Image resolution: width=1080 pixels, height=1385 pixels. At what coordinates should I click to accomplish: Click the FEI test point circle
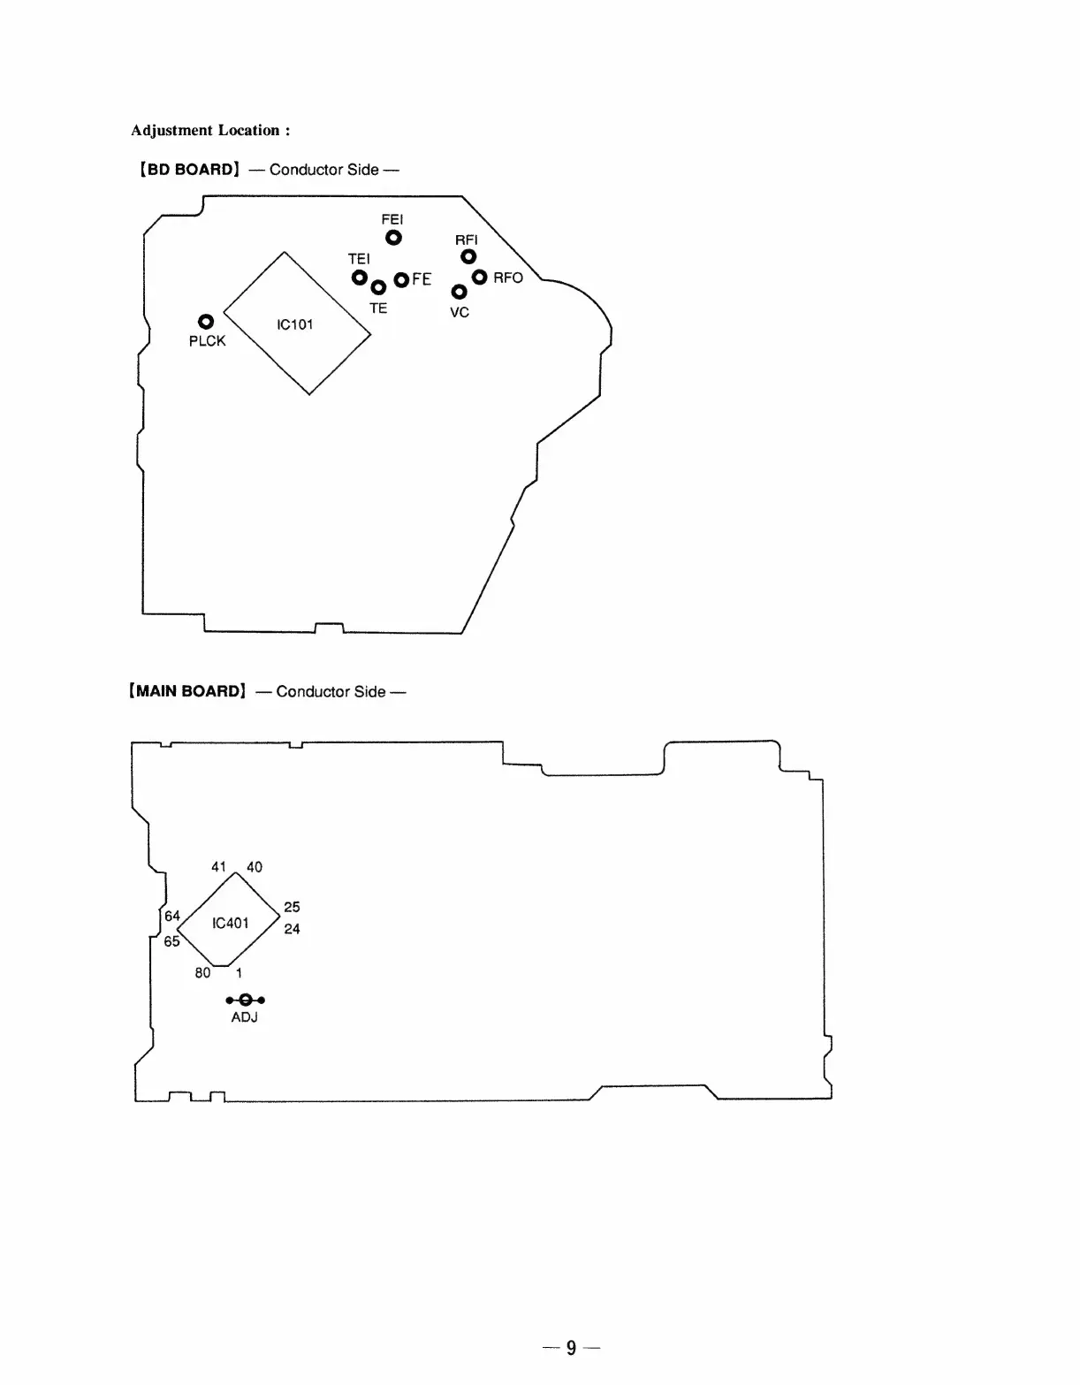[x=393, y=238]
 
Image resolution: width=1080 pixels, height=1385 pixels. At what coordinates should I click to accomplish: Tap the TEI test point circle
[x=360, y=278]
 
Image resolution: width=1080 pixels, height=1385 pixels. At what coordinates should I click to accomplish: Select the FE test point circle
[x=401, y=279]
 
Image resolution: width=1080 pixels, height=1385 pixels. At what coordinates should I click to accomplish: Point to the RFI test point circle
[x=468, y=257]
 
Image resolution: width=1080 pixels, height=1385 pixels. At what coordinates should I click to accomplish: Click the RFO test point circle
[x=480, y=278]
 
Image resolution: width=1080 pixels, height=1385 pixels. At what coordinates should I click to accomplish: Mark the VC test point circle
[x=459, y=292]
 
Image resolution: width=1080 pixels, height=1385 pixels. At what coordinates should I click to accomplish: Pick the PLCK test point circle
[x=205, y=322]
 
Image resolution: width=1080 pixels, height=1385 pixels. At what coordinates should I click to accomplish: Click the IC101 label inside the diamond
[x=295, y=324]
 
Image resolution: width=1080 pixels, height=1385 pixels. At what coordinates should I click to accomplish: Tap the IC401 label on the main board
[x=231, y=923]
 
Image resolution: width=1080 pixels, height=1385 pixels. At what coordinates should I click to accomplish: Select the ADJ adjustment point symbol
[x=245, y=1000]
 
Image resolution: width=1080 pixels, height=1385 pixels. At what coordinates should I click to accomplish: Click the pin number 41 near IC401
[x=219, y=867]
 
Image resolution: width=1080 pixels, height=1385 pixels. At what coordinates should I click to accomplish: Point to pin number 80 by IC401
[x=202, y=972]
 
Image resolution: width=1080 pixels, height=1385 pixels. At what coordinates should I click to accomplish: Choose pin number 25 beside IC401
[x=292, y=907]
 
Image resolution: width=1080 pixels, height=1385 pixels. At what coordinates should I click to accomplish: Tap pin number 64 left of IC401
[x=172, y=916]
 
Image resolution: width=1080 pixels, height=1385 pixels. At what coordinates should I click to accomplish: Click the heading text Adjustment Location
[x=210, y=131]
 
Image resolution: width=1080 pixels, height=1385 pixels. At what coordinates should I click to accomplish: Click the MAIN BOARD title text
[x=186, y=691]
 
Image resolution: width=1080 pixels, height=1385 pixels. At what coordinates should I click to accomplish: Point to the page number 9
[x=571, y=1347]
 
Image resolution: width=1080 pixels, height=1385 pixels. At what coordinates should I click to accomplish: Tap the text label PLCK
[x=208, y=341]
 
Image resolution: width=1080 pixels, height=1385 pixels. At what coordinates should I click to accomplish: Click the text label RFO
[x=508, y=278]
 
